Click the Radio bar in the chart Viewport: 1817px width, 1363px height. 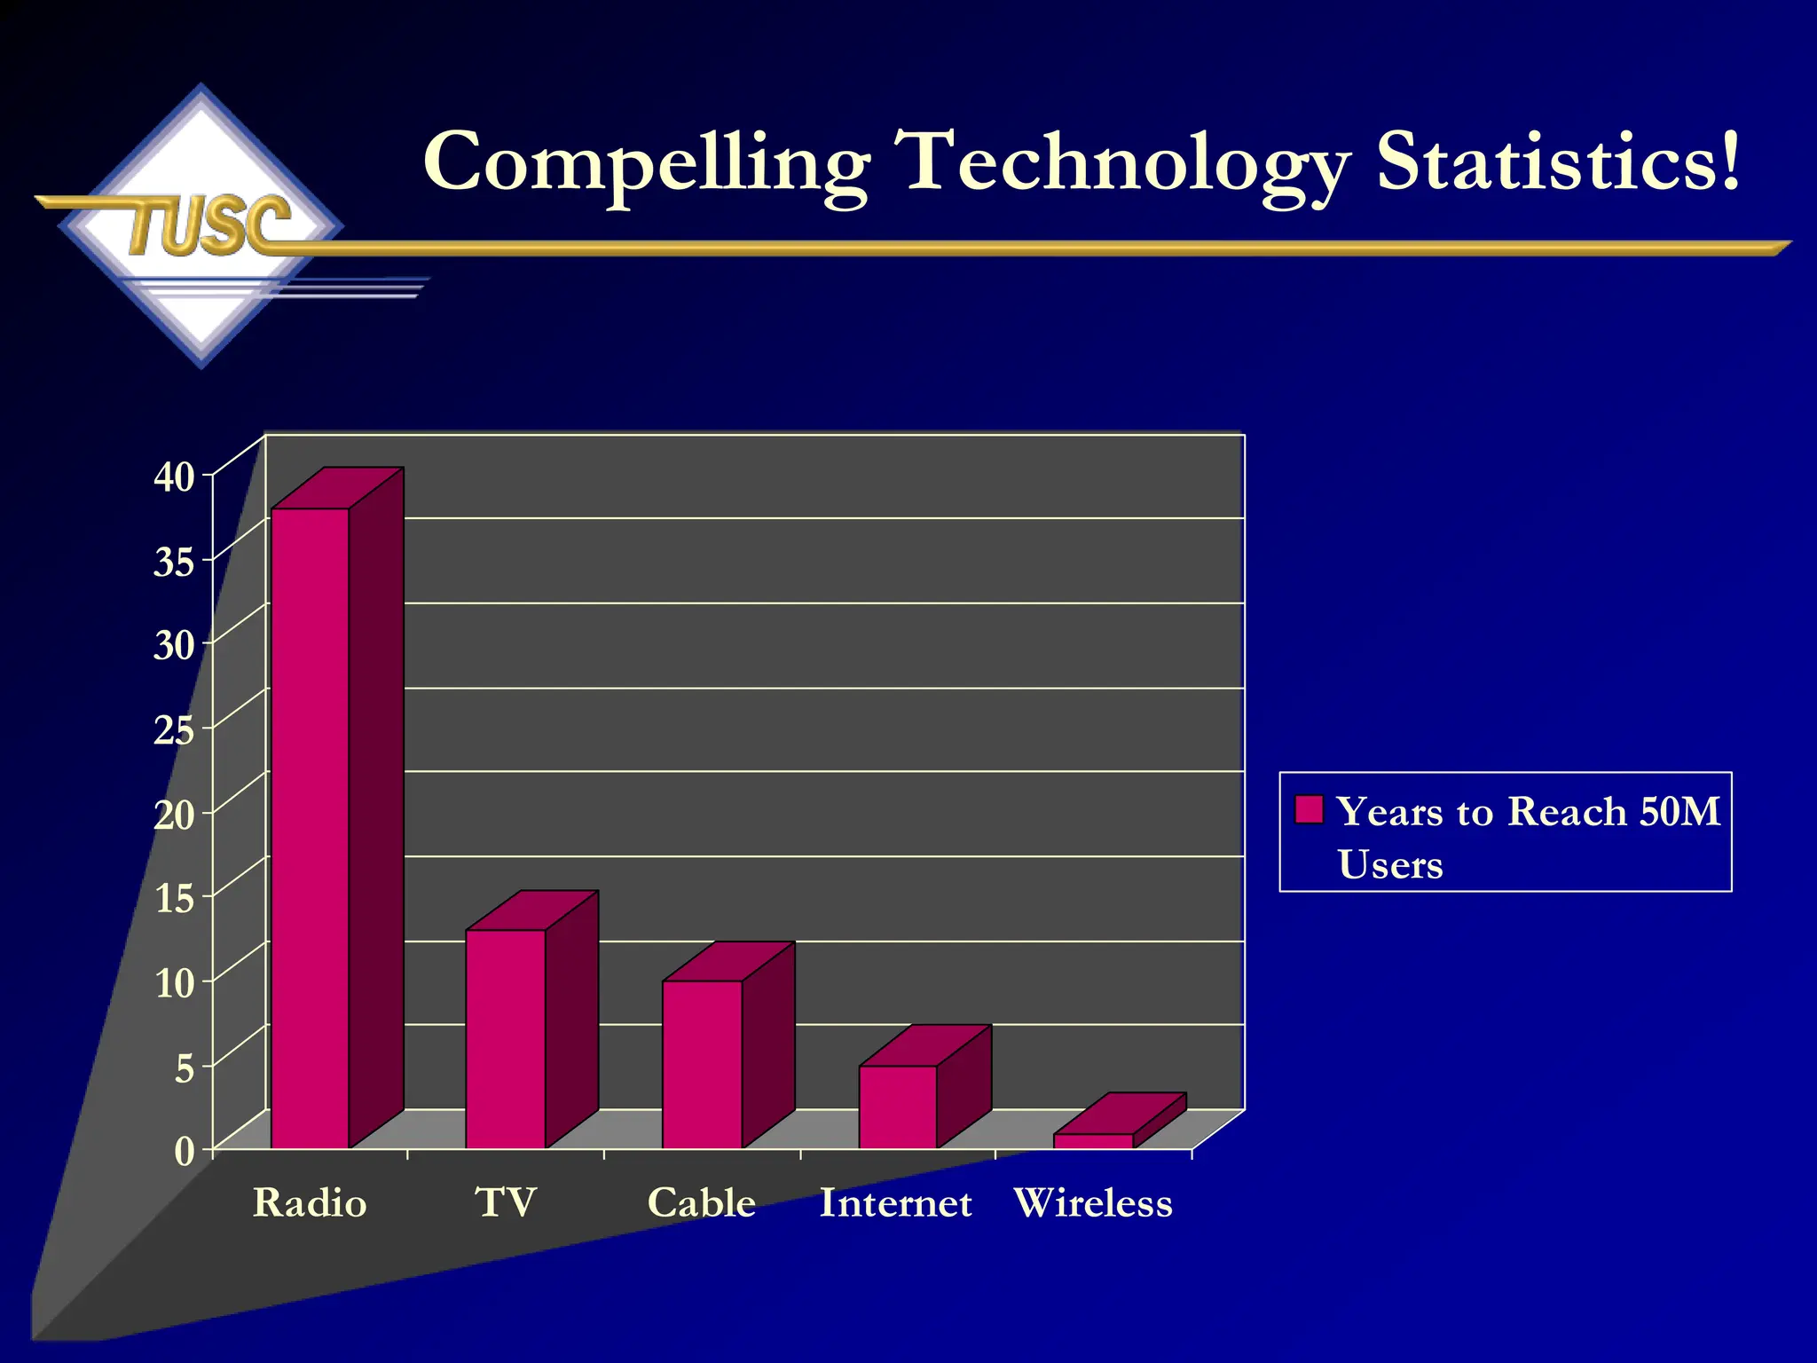click(x=311, y=825)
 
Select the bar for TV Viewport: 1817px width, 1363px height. click(x=506, y=1038)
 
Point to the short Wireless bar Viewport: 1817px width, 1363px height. click(x=1093, y=1140)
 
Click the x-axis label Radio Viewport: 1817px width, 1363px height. click(x=310, y=1203)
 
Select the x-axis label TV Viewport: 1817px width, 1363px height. click(x=506, y=1203)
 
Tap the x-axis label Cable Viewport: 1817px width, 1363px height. click(x=702, y=1203)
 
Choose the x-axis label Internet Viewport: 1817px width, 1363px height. click(x=896, y=1203)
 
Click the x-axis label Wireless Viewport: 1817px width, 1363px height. click(x=1093, y=1203)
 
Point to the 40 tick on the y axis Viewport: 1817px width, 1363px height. click(x=174, y=477)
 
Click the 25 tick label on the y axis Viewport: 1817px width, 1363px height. click(x=174, y=730)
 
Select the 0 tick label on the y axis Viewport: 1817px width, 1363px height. click(x=184, y=1152)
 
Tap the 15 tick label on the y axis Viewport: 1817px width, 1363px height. click(x=174, y=899)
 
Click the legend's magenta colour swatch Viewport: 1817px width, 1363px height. click(x=1309, y=809)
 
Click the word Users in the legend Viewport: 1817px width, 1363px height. click(x=1390, y=864)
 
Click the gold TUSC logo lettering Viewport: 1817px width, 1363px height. click(x=209, y=225)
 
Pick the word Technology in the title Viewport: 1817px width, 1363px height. click(x=1121, y=162)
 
